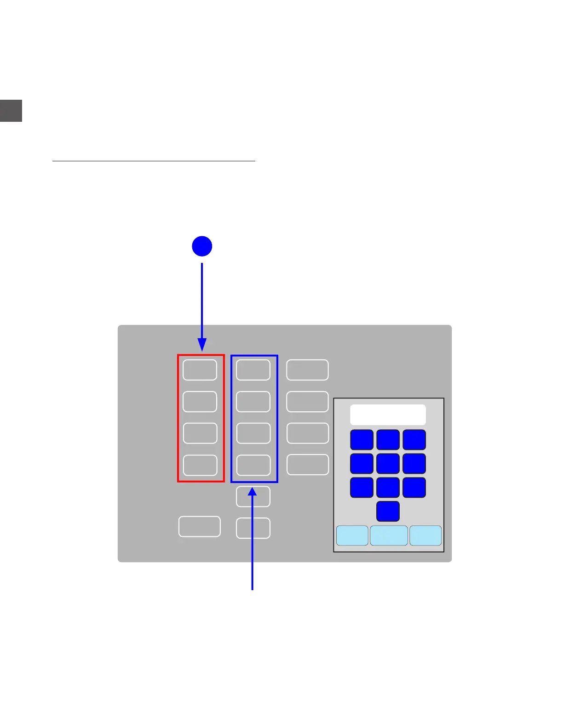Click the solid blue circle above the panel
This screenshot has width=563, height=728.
point(202,246)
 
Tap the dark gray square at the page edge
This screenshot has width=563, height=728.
point(11,111)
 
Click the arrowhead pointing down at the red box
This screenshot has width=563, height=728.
point(202,345)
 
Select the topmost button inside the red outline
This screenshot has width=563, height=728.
point(200,370)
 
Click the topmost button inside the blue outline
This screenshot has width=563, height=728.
point(253,370)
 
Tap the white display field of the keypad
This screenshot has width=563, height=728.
point(388,415)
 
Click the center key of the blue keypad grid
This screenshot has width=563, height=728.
point(388,463)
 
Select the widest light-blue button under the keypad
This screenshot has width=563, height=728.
point(389,535)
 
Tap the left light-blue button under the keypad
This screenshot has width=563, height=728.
point(352,535)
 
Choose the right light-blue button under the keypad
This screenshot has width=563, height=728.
point(425,535)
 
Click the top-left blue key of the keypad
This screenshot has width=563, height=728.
point(362,440)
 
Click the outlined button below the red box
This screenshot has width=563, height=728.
point(200,527)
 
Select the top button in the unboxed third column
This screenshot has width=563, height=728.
point(307,370)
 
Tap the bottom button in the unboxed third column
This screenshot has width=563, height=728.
point(308,465)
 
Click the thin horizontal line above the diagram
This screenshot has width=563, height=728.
point(154,161)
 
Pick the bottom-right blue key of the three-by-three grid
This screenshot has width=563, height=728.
point(414,488)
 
